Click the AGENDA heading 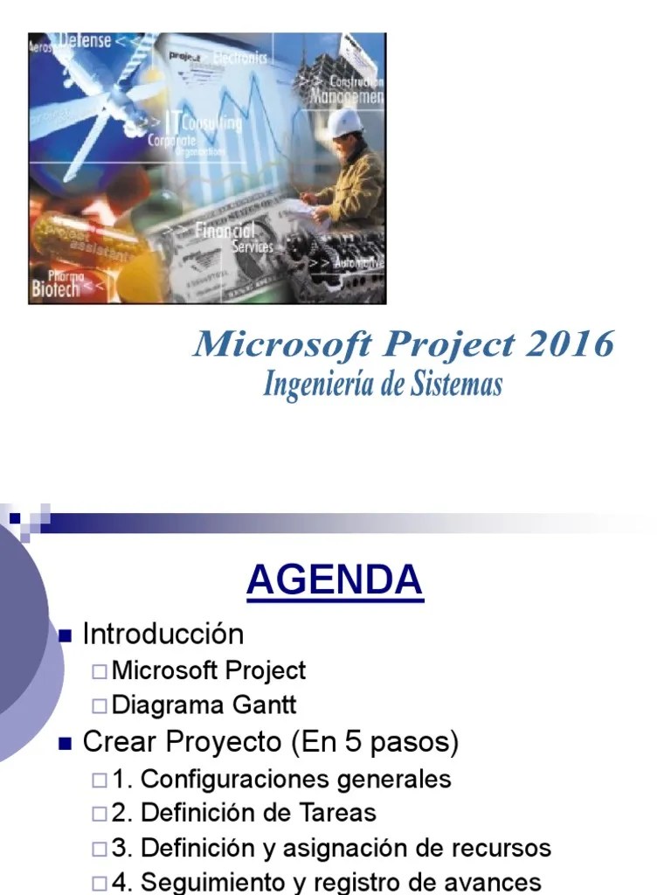pos(335,581)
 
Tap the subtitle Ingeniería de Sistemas pos(383,385)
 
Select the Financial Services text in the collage pos(229,237)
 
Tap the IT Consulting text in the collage pos(204,122)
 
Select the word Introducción pos(163,634)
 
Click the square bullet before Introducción pos(64,635)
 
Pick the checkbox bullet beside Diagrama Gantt pos(100,705)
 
